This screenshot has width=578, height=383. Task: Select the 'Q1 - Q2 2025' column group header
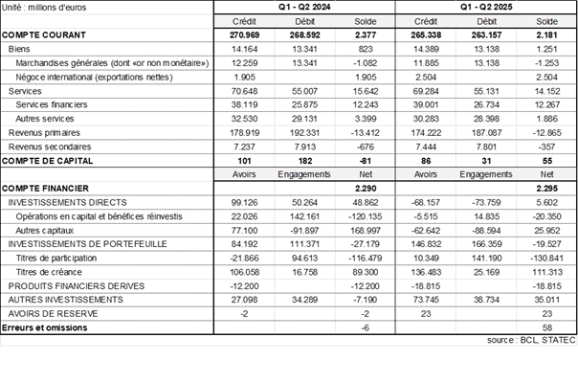pos(485,7)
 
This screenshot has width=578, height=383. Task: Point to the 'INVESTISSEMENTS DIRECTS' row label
pos(64,203)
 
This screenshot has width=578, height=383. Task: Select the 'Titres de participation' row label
pos(62,259)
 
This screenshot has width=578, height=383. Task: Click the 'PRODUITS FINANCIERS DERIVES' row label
pos(76,286)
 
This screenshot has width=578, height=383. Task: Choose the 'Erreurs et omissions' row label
pos(45,328)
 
